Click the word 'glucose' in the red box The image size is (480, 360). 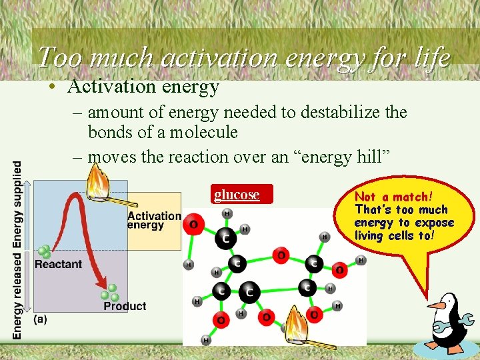[x=237, y=195]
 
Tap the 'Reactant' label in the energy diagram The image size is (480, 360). [x=58, y=264]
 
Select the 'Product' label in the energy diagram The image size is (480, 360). [x=125, y=306]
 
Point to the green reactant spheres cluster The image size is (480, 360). [x=45, y=251]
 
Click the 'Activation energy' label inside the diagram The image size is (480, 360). [x=153, y=220]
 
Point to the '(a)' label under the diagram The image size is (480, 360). [x=39, y=319]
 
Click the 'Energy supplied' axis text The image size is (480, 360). [x=17, y=204]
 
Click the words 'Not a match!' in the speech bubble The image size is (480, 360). [x=393, y=197]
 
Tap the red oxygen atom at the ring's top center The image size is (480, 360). [x=281, y=255]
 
